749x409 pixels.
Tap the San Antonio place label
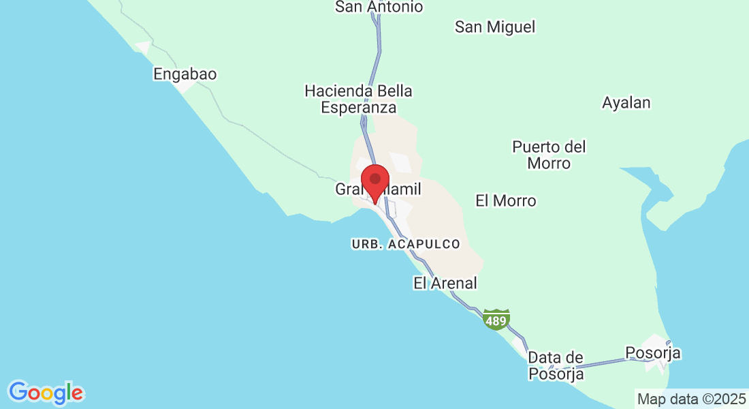pos(379,7)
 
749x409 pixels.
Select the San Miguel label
pos(495,27)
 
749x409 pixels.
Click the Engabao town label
pos(185,74)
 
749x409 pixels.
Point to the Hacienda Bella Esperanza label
pos(358,99)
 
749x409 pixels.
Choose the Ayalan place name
pos(626,103)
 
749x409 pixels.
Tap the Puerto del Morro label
pos(549,155)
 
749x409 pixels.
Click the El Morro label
pos(506,200)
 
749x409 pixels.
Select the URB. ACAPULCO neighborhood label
pos(406,243)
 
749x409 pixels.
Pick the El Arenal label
pos(445,283)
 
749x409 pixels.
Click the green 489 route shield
pos(496,319)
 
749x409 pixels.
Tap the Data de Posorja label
pos(556,365)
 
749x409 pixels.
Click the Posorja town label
pos(653,353)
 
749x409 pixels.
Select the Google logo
pos(46,392)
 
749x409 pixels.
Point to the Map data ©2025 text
pos(691,398)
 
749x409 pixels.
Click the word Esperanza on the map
pos(358,108)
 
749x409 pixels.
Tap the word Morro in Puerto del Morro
pos(549,164)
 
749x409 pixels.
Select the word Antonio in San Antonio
pos(395,7)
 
